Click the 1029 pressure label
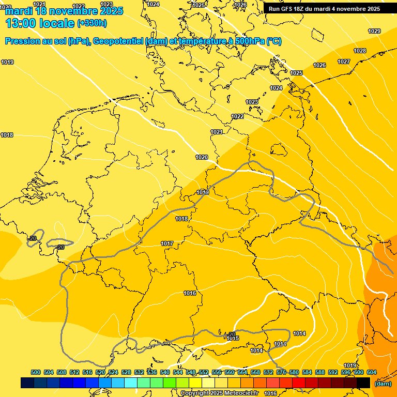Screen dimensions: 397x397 click(x=374, y=32)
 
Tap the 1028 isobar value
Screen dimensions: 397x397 click(x=360, y=51)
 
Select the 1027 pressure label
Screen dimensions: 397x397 click(x=344, y=62)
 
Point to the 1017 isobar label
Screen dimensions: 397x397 click(x=167, y=243)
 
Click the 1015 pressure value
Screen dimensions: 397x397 click(x=233, y=338)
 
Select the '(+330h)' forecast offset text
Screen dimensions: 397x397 click(x=92, y=23)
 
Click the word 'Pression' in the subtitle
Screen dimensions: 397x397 click(x=22, y=41)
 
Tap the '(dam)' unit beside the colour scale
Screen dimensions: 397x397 click(x=383, y=384)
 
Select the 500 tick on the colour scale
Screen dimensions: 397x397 click(x=36, y=372)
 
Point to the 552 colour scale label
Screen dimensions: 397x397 click(x=204, y=372)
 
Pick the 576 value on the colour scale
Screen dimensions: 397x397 click(x=281, y=372)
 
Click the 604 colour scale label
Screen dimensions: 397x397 click(x=372, y=372)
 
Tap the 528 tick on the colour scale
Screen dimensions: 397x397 click(x=126, y=372)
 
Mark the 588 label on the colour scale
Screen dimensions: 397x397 click(x=320, y=372)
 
